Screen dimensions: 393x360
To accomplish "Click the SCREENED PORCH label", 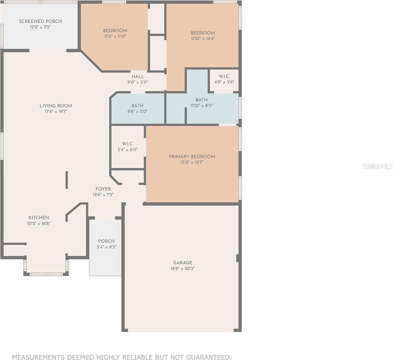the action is (x=40, y=21).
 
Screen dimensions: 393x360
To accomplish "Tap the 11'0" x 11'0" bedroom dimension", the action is (x=115, y=36).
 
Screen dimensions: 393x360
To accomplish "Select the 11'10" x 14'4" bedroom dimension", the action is (x=203, y=38).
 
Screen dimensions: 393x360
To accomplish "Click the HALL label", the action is (x=138, y=77).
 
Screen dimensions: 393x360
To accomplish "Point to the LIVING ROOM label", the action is (x=56, y=106).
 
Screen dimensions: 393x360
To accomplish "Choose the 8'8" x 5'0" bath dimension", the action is (x=137, y=111).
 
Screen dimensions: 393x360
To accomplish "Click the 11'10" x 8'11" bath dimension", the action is (x=202, y=106).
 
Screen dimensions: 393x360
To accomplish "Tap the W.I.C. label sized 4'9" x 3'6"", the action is (x=224, y=76).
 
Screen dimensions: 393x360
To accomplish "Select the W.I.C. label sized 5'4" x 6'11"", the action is (x=127, y=144).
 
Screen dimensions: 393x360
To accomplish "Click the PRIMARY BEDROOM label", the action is (x=192, y=156).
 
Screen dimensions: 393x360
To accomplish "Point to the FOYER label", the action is (x=103, y=189).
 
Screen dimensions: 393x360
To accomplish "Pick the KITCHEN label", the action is (x=39, y=218).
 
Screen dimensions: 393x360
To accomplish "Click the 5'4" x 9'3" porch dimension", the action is (x=107, y=247).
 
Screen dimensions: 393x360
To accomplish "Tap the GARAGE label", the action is (x=183, y=263).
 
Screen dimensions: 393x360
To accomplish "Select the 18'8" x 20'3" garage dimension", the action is (x=182, y=268).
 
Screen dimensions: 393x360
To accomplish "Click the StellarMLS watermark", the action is (x=378, y=166).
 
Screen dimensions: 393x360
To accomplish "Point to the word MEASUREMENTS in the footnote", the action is (x=39, y=357).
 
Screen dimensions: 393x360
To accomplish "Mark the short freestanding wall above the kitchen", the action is (x=67, y=180).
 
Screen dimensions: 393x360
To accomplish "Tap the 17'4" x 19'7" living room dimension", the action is (x=56, y=111).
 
